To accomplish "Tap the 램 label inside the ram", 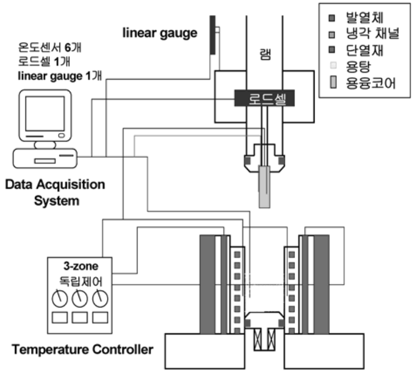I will pyautogui.click(x=265, y=55).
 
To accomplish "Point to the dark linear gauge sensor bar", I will pyautogui.click(x=213, y=35).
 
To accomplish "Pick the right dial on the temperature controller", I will pyautogui.click(x=99, y=297).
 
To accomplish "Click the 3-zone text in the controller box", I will pyautogui.click(x=79, y=266).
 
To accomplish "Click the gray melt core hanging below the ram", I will pyautogui.click(x=264, y=187).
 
